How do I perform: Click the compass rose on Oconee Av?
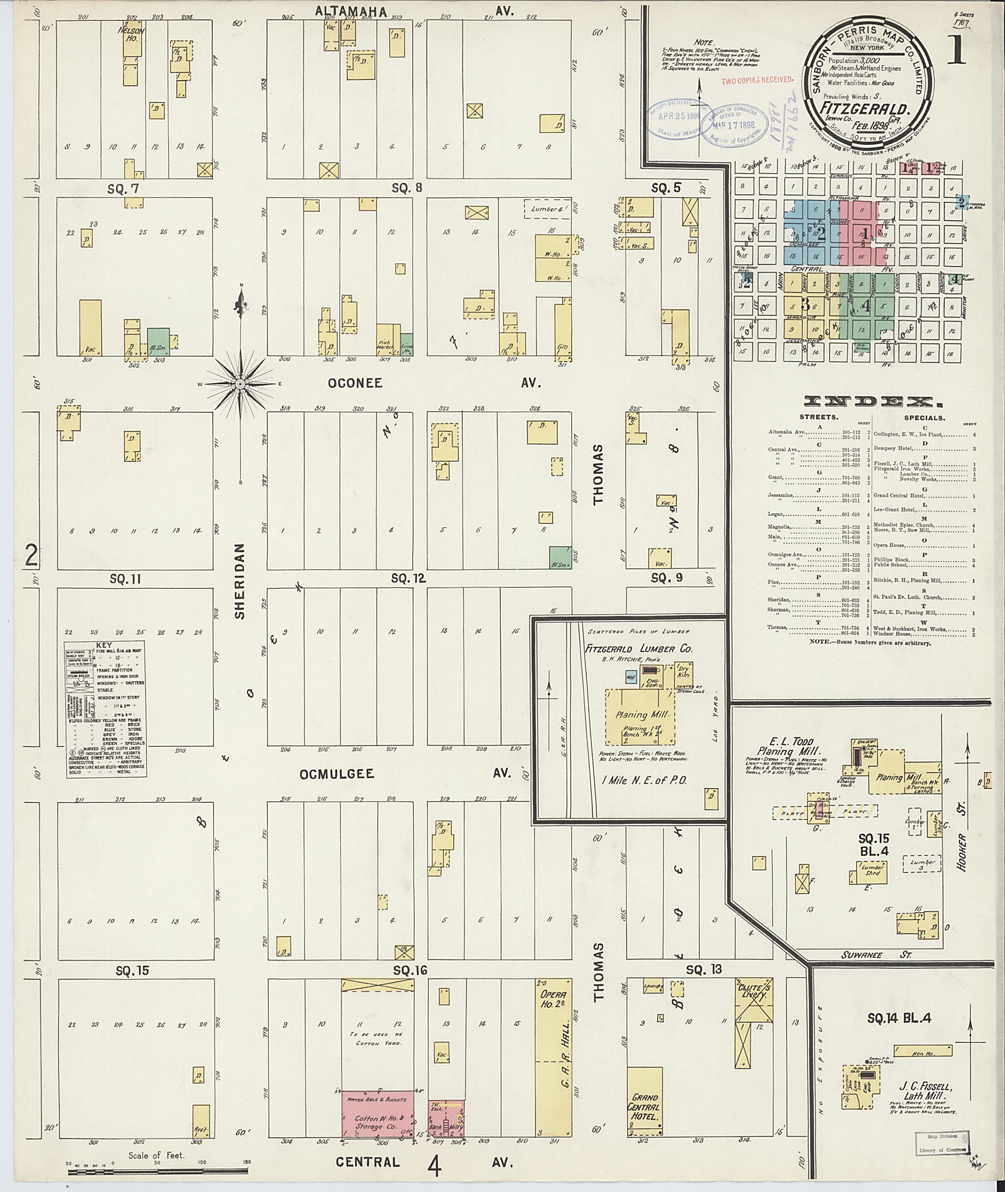tap(240, 384)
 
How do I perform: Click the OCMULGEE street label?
tap(337, 773)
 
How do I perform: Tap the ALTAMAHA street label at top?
tap(351, 11)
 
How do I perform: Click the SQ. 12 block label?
tap(408, 579)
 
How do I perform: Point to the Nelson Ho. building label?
tap(131, 35)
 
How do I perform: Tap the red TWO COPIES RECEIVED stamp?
tap(757, 80)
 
